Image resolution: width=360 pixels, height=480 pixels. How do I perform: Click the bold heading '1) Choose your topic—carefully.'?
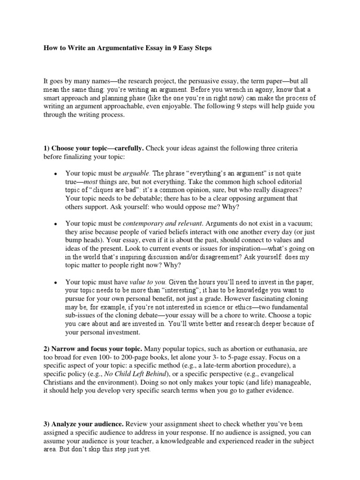pyautogui.click(x=94, y=148)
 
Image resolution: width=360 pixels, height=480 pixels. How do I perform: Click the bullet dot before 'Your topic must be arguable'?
pyautogui.click(x=55, y=174)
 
